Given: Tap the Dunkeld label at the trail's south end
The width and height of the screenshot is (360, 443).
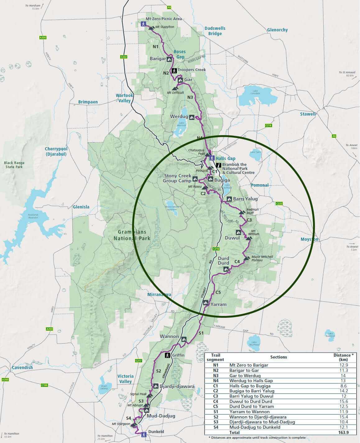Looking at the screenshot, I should (x=156, y=432).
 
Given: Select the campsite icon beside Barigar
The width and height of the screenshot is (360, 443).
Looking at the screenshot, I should (x=169, y=59).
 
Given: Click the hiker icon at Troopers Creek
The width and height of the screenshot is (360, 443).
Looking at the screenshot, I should (x=174, y=71).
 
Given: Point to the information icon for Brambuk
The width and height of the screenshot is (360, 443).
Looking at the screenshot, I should (x=219, y=165).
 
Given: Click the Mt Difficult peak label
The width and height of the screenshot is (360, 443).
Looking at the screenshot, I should (x=175, y=93).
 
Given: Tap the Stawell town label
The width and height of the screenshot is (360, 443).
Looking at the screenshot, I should (x=308, y=114).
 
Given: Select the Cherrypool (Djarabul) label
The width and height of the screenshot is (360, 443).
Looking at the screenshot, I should (x=56, y=151).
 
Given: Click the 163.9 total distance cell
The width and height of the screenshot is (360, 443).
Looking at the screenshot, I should (x=343, y=432).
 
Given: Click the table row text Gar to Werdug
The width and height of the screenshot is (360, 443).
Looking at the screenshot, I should (x=245, y=376).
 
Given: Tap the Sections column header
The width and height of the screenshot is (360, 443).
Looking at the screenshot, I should (x=278, y=357).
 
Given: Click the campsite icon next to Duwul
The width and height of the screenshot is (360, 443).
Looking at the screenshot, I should (x=238, y=232).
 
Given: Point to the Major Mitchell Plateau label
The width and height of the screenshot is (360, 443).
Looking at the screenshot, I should (x=262, y=258).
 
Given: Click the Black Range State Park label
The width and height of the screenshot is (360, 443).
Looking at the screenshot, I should (x=14, y=165).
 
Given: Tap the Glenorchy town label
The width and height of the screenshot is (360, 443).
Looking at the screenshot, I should (x=277, y=30).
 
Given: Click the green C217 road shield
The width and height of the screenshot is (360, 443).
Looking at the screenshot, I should (x=139, y=361).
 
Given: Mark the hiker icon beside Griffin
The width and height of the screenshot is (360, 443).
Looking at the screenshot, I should (x=167, y=355).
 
